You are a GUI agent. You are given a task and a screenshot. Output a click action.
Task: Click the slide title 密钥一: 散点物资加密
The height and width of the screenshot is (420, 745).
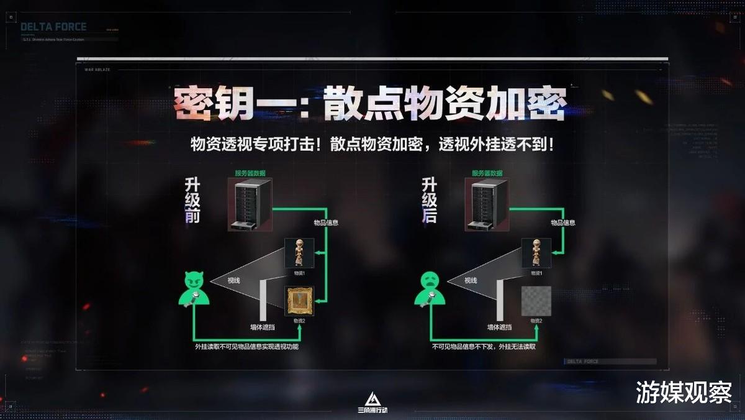tap(369, 104)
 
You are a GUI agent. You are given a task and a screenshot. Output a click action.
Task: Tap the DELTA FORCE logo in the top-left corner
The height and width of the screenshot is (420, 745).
tap(53, 27)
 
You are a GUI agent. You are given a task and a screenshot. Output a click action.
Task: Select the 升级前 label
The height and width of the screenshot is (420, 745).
tap(192, 199)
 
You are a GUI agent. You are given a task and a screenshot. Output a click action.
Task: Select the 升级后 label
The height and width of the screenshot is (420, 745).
tap(430, 199)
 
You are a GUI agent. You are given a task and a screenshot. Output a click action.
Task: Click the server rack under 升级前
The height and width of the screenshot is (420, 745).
tap(250, 204)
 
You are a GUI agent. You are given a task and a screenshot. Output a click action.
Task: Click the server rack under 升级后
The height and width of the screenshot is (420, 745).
tap(487, 204)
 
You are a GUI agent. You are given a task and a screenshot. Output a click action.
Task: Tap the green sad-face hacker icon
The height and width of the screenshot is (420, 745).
tap(430, 289)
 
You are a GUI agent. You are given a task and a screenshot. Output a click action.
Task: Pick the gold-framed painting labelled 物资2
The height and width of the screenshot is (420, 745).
tap(299, 301)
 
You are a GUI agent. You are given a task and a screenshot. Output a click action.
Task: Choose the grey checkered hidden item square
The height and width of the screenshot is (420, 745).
tap(536, 301)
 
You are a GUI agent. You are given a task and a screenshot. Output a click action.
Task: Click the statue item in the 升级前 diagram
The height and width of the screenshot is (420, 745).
tap(299, 253)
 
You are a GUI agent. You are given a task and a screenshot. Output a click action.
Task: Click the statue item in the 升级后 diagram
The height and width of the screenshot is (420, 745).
tap(536, 253)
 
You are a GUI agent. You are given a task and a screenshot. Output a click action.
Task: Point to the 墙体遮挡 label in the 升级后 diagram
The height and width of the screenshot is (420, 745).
tap(499, 327)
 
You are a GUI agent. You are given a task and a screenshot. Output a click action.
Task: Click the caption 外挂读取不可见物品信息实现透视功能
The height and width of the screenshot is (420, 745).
tap(246, 347)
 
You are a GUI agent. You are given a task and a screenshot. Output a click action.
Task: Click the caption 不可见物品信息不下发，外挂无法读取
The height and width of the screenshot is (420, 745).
tap(484, 347)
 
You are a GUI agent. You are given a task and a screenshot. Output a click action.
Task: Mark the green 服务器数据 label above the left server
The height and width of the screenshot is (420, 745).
tap(250, 173)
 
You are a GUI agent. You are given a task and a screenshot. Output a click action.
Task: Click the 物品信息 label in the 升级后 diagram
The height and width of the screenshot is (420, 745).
tap(563, 222)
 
